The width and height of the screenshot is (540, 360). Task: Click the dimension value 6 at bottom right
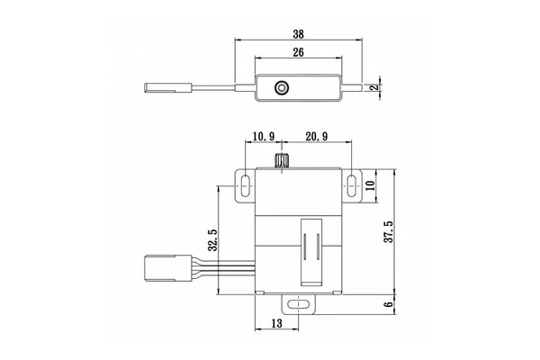pos(389,304)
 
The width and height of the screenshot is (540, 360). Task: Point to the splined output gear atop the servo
pos(282,163)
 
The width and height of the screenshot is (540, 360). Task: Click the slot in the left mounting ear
pos(245,186)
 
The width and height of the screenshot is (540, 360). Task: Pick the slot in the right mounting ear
pos(349,186)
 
